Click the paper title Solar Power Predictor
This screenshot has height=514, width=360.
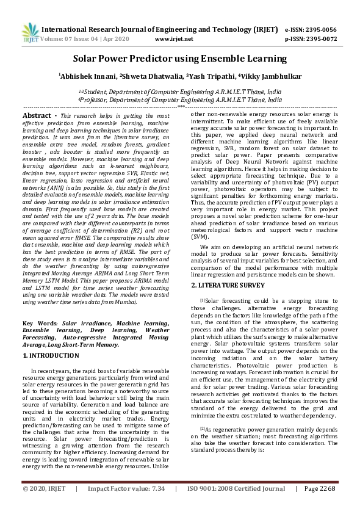(179, 59)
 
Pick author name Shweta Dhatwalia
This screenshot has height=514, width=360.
(148, 76)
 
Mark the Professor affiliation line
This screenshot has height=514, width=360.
(180, 98)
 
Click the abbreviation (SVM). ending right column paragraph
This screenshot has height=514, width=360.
(200, 253)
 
